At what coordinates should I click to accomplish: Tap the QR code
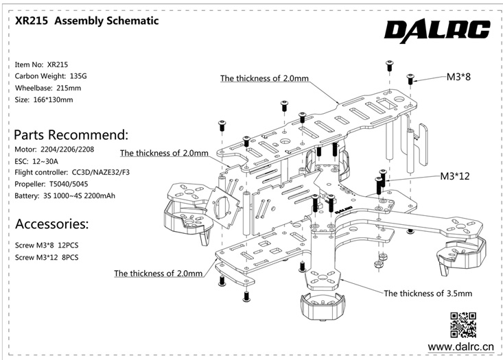pyautogui.click(x=463, y=324)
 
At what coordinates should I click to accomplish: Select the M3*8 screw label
pyautogui.click(x=458, y=77)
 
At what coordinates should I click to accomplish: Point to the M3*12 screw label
pyautogui.click(x=454, y=176)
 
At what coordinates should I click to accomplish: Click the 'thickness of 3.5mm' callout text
pyautogui.click(x=428, y=293)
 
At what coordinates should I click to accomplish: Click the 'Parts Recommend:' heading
pyautogui.click(x=71, y=134)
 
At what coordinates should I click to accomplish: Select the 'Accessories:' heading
pyautogui.click(x=51, y=224)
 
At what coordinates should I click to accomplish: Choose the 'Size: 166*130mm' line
pyautogui.click(x=43, y=100)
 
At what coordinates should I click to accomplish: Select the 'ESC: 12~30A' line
pyautogui.click(x=40, y=160)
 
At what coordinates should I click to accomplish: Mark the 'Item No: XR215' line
pyautogui.click(x=42, y=64)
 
